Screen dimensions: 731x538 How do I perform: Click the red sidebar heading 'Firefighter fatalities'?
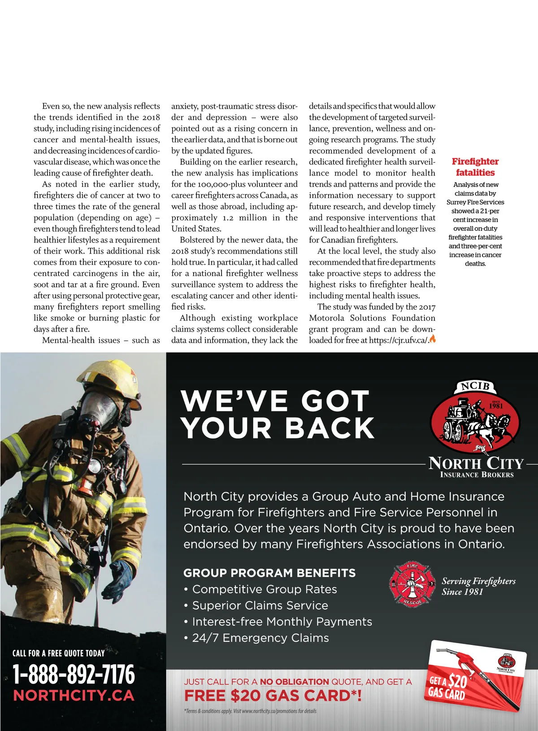point(475,167)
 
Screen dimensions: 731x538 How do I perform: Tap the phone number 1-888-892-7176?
point(74,674)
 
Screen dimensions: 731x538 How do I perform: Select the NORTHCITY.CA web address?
point(74,696)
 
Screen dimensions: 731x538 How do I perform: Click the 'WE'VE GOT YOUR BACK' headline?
point(278,414)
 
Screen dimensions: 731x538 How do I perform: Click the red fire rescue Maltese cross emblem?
point(412,584)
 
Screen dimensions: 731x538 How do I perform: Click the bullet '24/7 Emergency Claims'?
point(256,638)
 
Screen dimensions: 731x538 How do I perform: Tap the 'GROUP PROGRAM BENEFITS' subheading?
point(269,573)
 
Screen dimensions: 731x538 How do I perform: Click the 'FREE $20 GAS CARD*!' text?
point(273,696)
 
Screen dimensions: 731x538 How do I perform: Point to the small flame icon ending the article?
point(432,339)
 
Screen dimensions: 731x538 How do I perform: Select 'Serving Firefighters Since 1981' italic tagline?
point(478,586)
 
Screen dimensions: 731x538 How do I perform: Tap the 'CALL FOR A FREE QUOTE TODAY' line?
point(58,653)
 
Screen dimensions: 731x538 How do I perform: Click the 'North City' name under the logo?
point(476,463)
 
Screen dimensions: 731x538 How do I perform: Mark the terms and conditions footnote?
point(250,711)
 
